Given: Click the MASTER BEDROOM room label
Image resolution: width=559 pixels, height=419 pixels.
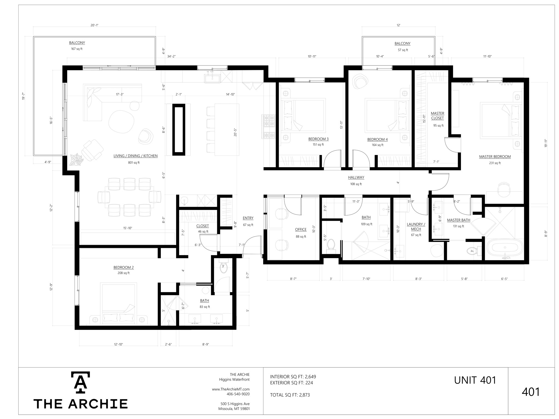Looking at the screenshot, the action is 495,157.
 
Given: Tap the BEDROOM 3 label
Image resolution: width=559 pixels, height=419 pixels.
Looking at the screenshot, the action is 318,139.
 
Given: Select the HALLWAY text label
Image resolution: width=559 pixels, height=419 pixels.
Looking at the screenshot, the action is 356,177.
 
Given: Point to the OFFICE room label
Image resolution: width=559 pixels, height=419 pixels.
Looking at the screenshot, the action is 301,230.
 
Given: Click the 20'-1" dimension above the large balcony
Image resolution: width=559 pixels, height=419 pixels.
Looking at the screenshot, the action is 94,25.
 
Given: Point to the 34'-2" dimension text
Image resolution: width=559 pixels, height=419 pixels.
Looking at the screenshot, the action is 171,56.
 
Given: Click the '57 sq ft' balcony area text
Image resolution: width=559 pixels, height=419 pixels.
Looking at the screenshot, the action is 403,50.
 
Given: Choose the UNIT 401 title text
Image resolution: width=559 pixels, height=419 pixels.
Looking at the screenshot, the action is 475,380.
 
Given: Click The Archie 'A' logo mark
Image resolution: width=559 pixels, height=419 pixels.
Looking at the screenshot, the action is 81,383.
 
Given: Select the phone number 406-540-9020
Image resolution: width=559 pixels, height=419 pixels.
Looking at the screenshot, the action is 238,394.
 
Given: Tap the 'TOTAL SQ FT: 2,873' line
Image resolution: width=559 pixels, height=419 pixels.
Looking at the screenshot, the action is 290,395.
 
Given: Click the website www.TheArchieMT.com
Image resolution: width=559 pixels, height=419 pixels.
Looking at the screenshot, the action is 231,389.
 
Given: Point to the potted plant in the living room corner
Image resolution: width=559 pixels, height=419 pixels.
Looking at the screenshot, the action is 76,160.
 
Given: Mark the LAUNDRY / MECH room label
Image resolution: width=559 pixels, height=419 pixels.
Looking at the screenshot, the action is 416,227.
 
